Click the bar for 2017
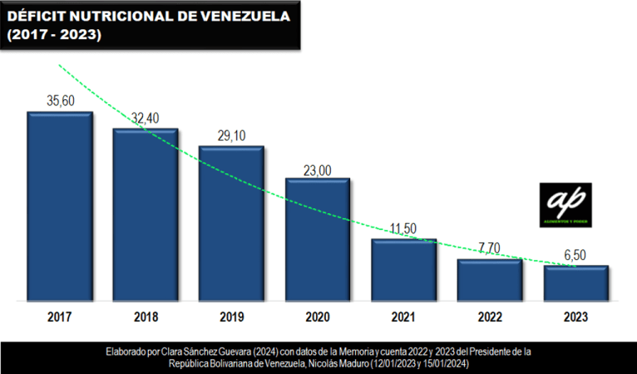click(x=59, y=206)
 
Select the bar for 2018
click(x=146, y=214)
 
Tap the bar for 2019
click(x=231, y=223)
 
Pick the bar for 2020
click(x=318, y=239)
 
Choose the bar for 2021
click(x=403, y=269)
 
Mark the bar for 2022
click(x=490, y=279)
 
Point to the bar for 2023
click(x=575, y=282)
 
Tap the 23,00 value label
click(x=318, y=170)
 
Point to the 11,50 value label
click(x=403, y=229)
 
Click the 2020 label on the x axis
click(x=318, y=317)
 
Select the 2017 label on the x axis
click(x=59, y=317)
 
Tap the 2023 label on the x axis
click(x=575, y=317)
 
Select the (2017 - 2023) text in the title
click(x=54, y=36)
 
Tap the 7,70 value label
click(x=490, y=247)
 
